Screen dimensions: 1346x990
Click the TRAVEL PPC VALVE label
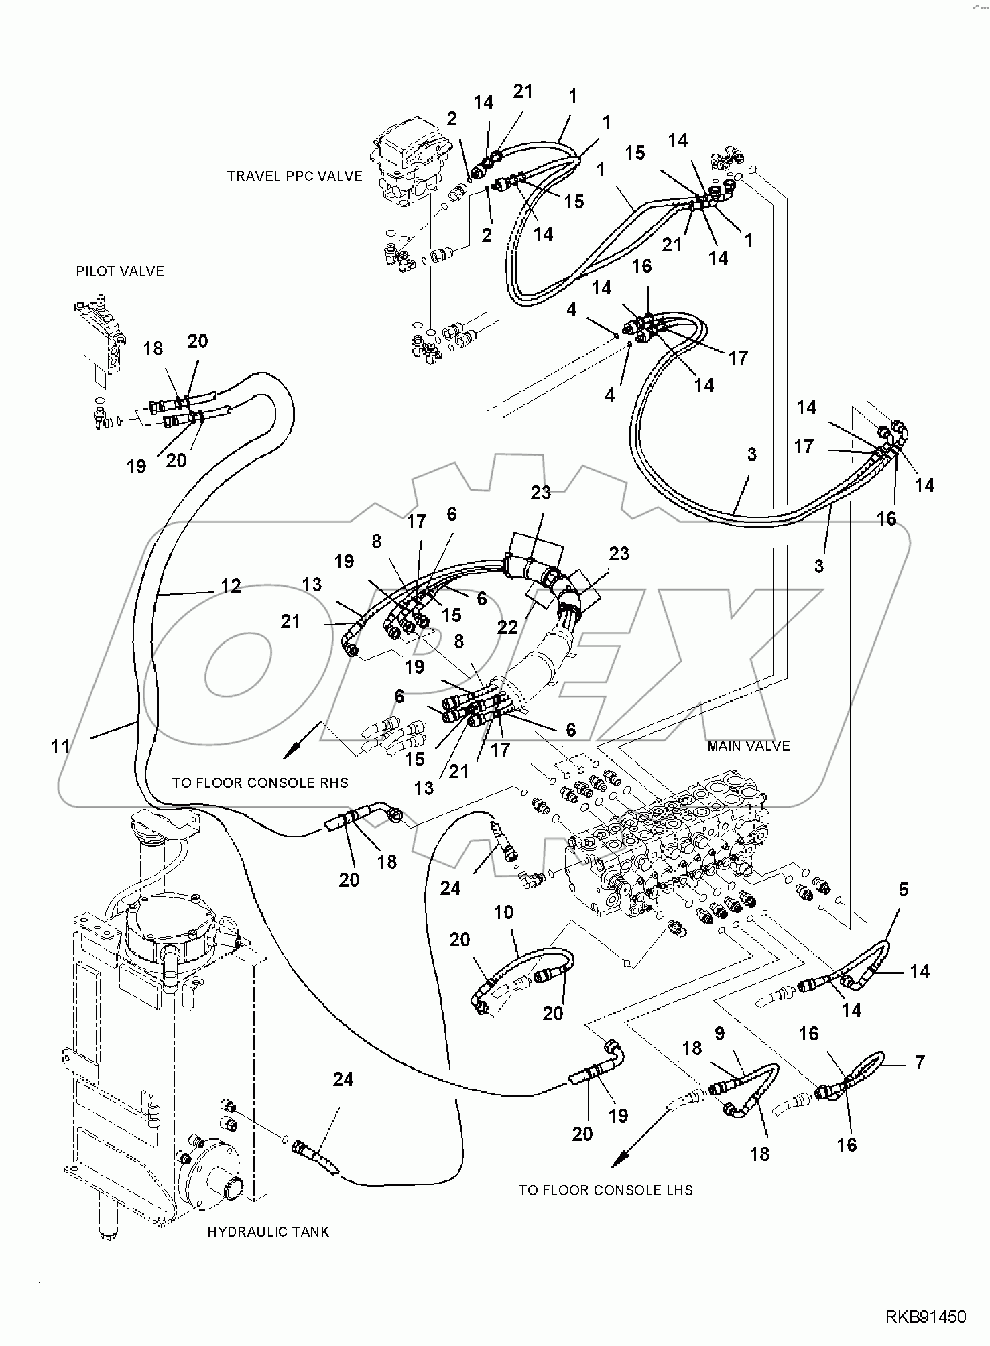[x=294, y=176]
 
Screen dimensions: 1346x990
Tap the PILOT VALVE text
[x=120, y=271]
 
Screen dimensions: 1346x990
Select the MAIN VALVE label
[x=748, y=746]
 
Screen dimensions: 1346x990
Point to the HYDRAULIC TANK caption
[x=268, y=1232]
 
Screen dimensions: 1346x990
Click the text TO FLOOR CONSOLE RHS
[x=260, y=783]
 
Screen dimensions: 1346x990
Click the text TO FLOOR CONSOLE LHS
[x=605, y=1190]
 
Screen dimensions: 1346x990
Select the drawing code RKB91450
[x=926, y=1318]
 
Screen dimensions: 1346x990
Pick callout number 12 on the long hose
[x=231, y=586]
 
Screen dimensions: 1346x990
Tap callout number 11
[x=60, y=746]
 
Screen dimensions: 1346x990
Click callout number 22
[x=507, y=627]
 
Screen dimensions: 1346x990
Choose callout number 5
[x=903, y=890]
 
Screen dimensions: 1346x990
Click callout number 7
[x=920, y=1062]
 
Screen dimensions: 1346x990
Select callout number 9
[x=719, y=1034]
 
